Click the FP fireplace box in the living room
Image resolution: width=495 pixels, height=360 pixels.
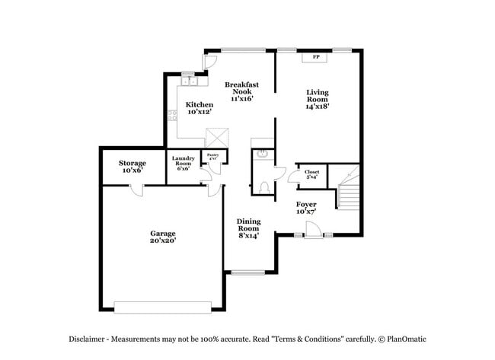point(315,57)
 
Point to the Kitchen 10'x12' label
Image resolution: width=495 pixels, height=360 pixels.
point(200,108)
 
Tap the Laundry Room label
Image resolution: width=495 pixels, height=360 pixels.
point(183,163)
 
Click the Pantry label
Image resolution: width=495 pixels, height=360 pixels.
point(213,156)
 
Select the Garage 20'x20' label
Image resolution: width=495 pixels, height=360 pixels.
point(163,237)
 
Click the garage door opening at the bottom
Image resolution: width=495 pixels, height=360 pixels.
point(163,306)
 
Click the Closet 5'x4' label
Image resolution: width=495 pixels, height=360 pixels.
point(311,174)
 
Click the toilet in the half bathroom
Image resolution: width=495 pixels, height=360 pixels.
point(264,186)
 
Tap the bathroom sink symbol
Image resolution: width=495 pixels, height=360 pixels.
point(263,155)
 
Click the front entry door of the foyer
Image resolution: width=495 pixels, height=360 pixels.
point(312,229)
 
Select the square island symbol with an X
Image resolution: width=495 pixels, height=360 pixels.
point(217,139)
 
